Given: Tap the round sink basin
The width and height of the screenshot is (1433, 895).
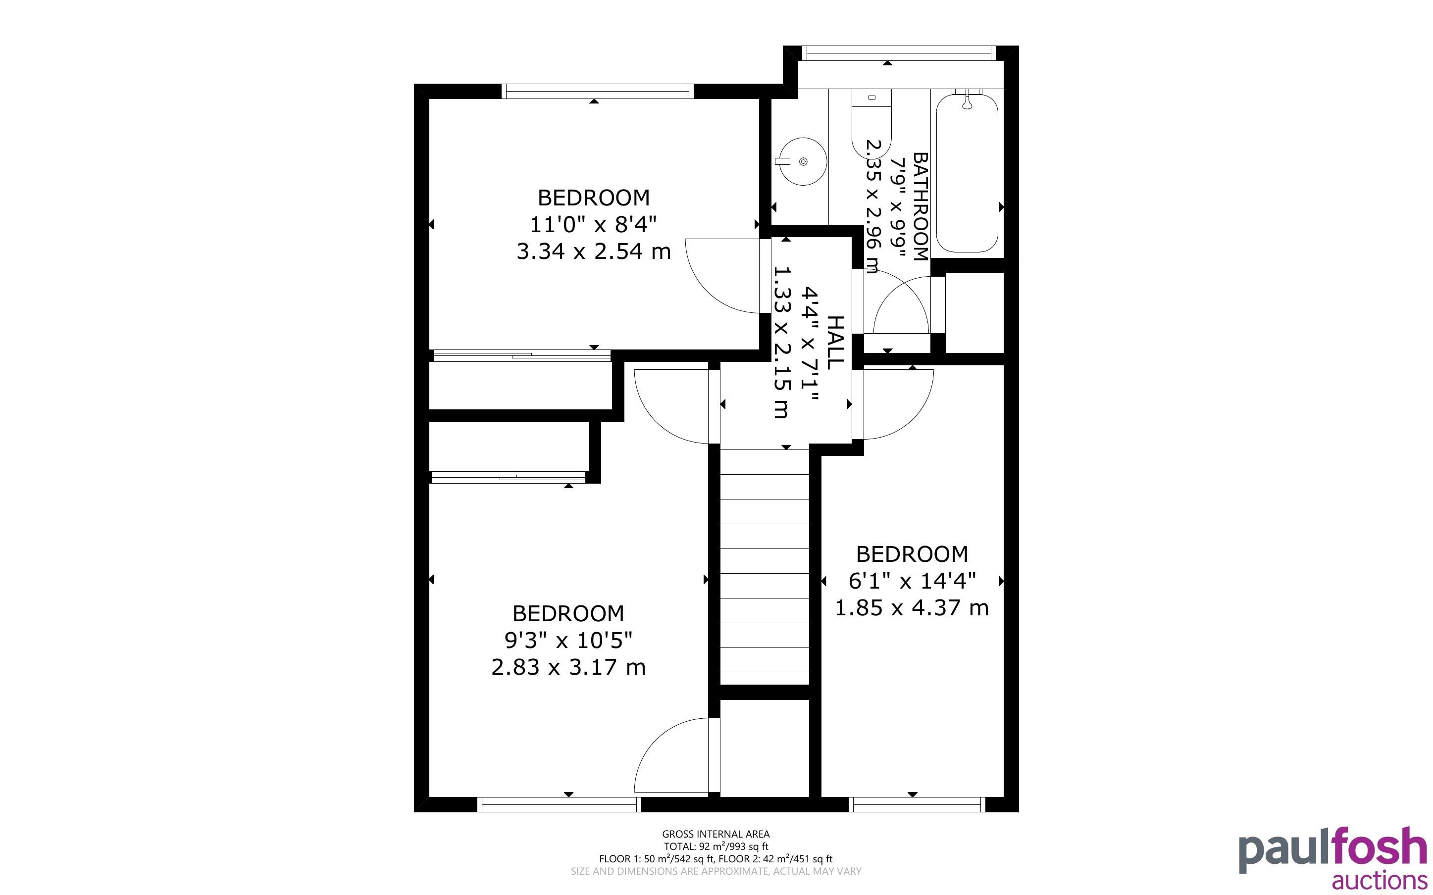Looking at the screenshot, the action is tap(803, 161).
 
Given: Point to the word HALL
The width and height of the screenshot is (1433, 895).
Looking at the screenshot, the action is tap(834, 343).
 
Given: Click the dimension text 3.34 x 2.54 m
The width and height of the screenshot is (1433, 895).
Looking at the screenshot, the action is tap(594, 251).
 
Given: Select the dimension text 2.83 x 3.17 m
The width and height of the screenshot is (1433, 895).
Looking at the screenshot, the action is tap(568, 668).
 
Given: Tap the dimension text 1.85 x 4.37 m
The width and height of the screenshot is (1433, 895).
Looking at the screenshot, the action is tap(912, 608).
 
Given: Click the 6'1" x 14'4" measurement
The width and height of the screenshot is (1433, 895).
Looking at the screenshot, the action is tap(912, 581).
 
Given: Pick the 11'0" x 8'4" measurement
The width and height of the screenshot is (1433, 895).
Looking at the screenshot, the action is tap(593, 224).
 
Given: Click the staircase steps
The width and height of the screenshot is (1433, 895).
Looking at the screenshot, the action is tap(764, 566).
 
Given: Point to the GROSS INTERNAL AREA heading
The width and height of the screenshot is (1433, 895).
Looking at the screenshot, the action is tap(716, 834).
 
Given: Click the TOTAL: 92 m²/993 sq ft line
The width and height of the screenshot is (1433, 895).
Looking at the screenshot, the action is tap(716, 846).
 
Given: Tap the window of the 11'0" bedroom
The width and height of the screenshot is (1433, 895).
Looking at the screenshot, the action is tap(597, 91).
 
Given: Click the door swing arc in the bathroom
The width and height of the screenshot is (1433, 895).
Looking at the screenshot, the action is tap(900, 305).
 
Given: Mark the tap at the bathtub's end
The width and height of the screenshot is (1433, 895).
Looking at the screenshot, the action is tap(967, 100).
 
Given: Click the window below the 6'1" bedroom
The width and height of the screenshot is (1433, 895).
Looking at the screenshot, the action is tap(917, 804).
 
